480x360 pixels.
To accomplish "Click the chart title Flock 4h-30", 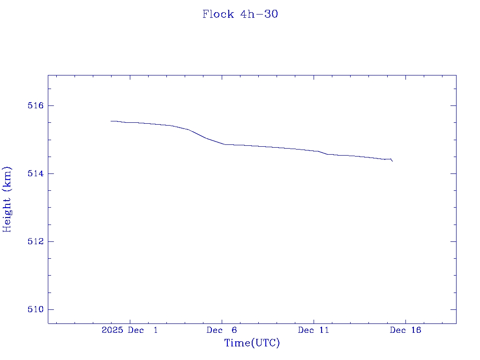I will (240, 14).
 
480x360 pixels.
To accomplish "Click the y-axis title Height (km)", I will (7, 199).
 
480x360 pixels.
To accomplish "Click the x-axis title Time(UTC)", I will (252, 343).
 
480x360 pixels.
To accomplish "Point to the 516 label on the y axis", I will (36, 105).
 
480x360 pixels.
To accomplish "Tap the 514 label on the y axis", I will (36, 173).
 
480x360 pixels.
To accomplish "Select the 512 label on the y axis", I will (36, 241).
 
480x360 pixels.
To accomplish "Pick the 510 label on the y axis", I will (36, 309).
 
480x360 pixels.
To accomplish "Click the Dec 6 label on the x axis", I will (222, 330).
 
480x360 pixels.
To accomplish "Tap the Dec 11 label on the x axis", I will (314, 330).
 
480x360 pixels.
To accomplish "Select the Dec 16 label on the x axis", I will (405, 330).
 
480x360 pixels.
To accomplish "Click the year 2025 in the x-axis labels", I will (112, 330).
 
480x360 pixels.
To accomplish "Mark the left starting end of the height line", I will (111, 121).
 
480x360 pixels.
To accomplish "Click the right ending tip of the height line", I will (392, 161).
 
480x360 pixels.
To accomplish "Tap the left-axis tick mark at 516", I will (51, 105).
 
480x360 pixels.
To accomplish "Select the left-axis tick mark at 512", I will (51, 241).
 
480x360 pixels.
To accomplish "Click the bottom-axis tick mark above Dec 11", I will (314, 321).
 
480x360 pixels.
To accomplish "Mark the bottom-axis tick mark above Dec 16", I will (405, 321).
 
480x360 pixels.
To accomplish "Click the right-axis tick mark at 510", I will (453, 309).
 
